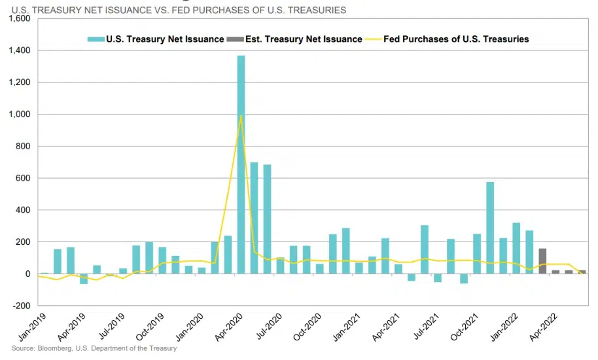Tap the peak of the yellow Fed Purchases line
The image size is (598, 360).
coord(241,117)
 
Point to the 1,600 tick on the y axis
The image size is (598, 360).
coord(20,18)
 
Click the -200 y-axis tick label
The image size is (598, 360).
coord(21,306)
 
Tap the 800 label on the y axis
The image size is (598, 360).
coord(24,146)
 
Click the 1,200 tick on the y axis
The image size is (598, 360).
coord(20,82)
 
